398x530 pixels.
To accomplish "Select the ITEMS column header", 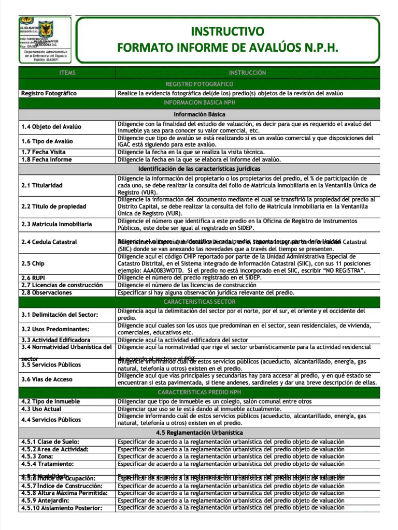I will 67,73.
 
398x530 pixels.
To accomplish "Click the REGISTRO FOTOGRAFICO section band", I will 199,84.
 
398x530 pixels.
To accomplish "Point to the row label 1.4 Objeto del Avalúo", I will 51,127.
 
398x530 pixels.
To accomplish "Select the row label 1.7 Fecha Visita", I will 44,152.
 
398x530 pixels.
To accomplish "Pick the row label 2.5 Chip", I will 33,263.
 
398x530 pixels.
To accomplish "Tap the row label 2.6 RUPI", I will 33,278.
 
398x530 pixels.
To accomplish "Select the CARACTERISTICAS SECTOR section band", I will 199,302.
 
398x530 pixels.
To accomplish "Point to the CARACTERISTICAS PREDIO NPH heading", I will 199,392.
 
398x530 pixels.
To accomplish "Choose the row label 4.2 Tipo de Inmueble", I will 50,401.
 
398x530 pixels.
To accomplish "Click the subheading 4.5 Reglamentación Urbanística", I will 199,432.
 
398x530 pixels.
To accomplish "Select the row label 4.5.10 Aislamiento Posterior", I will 61,508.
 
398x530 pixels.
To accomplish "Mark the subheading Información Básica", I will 199,114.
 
